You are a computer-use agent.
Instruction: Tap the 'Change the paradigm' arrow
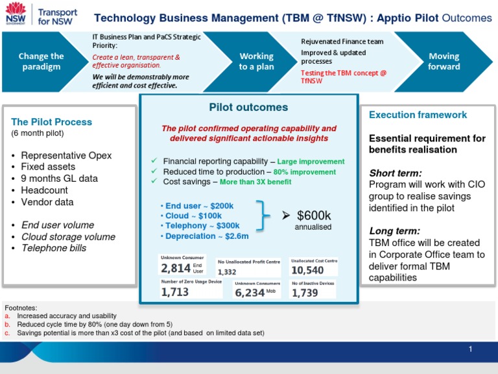pyautogui.click(x=41, y=62)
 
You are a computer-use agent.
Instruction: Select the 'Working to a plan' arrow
pyautogui.click(x=257, y=62)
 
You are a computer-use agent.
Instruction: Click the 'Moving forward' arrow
pyautogui.click(x=444, y=62)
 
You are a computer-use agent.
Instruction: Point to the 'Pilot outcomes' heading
pyautogui.click(x=248, y=107)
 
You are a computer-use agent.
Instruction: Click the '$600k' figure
pyautogui.click(x=313, y=216)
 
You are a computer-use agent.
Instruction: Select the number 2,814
pyautogui.click(x=176, y=268)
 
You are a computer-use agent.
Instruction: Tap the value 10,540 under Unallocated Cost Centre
pyautogui.click(x=307, y=269)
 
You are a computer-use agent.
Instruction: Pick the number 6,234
pyautogui.click(x=250, y=293)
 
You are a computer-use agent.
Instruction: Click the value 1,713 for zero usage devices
pyautogui.click(x=175, y=292)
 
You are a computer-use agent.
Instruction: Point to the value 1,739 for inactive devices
pyautogui.click(x=305, y=293)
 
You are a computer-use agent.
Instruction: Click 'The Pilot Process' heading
pyautogui.click(x=52, y=122)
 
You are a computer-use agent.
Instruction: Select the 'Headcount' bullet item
pyautogui.click(x=45, y=190)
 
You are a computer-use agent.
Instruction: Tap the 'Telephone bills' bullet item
pyautogui.click(x=54, y=248)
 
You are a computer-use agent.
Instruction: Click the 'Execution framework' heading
pyautogui.click(x=418, y=115)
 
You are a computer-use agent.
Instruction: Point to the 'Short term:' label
pyautogui.click(x=396, y=173)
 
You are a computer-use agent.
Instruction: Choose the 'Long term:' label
pyautogui.click(x=394, y=231)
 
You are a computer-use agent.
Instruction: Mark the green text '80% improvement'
pyautogui.click(x=305, y=172)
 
